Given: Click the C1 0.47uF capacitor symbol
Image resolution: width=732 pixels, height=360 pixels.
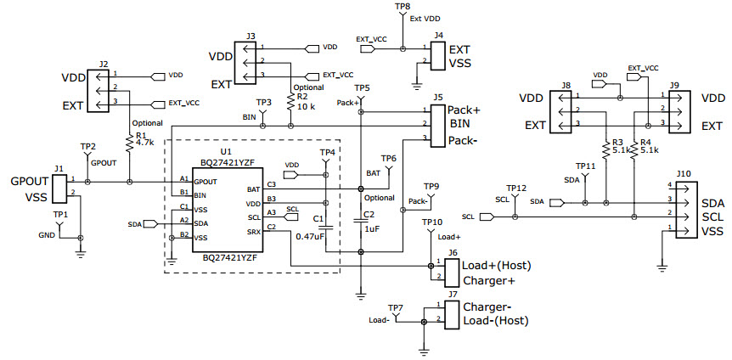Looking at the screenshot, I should [x=327, y=227].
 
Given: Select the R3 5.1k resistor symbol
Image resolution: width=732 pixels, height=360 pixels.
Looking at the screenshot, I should [x=606, y=149].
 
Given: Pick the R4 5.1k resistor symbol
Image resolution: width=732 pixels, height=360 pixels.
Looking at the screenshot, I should [x=634, y=149].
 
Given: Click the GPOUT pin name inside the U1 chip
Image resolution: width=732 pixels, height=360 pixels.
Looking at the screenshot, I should [x=206, y=181].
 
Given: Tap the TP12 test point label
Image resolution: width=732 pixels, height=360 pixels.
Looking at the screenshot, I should [x=515, y=188].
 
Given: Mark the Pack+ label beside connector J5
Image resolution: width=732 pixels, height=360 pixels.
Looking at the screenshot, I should [x=465, y=110].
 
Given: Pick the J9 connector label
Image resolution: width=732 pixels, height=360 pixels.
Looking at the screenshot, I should [x=673, y=86].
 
